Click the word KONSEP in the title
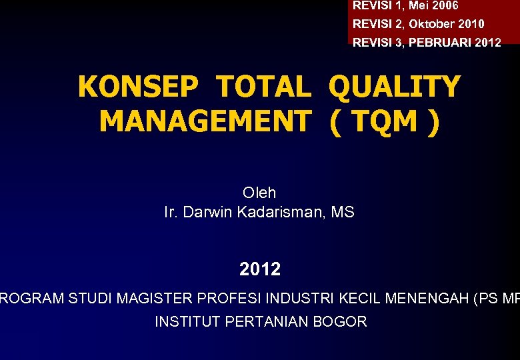pyautogui.click(x=138, y=87)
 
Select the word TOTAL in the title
pyautogui.click(x=264, y=87)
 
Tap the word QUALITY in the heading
pyautogui.click(x=394, y=87)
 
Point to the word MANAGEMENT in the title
pyautogui.click(x=205, y=121)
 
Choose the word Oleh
pyautogui.click(x=259, y=193)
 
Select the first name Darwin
pyautogui.click(x=206, y=213)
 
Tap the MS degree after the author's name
pyautogui.click(x=343, y=213)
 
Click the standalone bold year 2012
pyautogui.click(x=260, y=269)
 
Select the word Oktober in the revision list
pyautogui.click(x=431, y=24)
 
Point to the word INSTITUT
pyautogui.click(x=188, y=321)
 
